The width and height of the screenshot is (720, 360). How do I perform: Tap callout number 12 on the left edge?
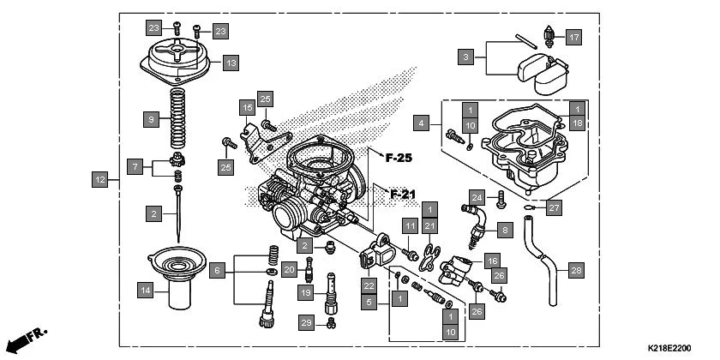point(100,180)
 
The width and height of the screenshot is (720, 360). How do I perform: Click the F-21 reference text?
point(402,194)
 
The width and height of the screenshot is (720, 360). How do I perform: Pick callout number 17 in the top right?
point(573,37)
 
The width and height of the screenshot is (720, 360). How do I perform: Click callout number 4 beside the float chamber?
point(421,123)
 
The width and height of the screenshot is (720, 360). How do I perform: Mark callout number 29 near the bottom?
point(305,321)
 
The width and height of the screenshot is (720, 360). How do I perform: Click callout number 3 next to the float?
point(465,57)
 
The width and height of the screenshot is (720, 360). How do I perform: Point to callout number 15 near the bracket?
point(247,107)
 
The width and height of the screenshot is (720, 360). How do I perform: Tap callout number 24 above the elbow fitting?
point(477,196)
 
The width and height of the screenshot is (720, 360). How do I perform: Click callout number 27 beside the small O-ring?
point(555,207)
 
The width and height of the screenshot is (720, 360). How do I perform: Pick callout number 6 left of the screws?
point(218,270)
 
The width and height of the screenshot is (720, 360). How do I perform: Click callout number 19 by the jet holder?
point(305,293)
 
